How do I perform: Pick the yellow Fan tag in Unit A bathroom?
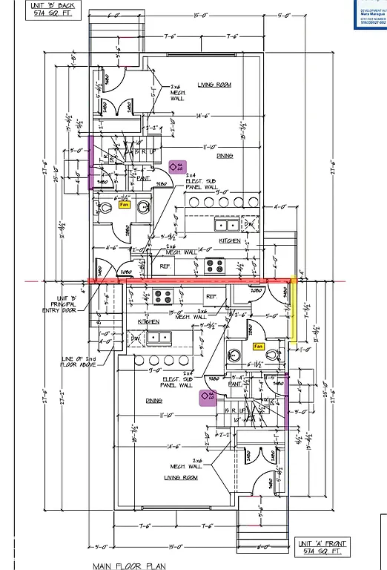click(x=259, y=346)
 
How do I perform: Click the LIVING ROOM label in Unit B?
click(x=215, y=85)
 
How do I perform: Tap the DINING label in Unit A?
click(x=154, y=400)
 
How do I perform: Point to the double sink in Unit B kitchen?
click(x=227, y=225)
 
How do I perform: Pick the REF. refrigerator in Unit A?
click(x=211, y=295)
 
